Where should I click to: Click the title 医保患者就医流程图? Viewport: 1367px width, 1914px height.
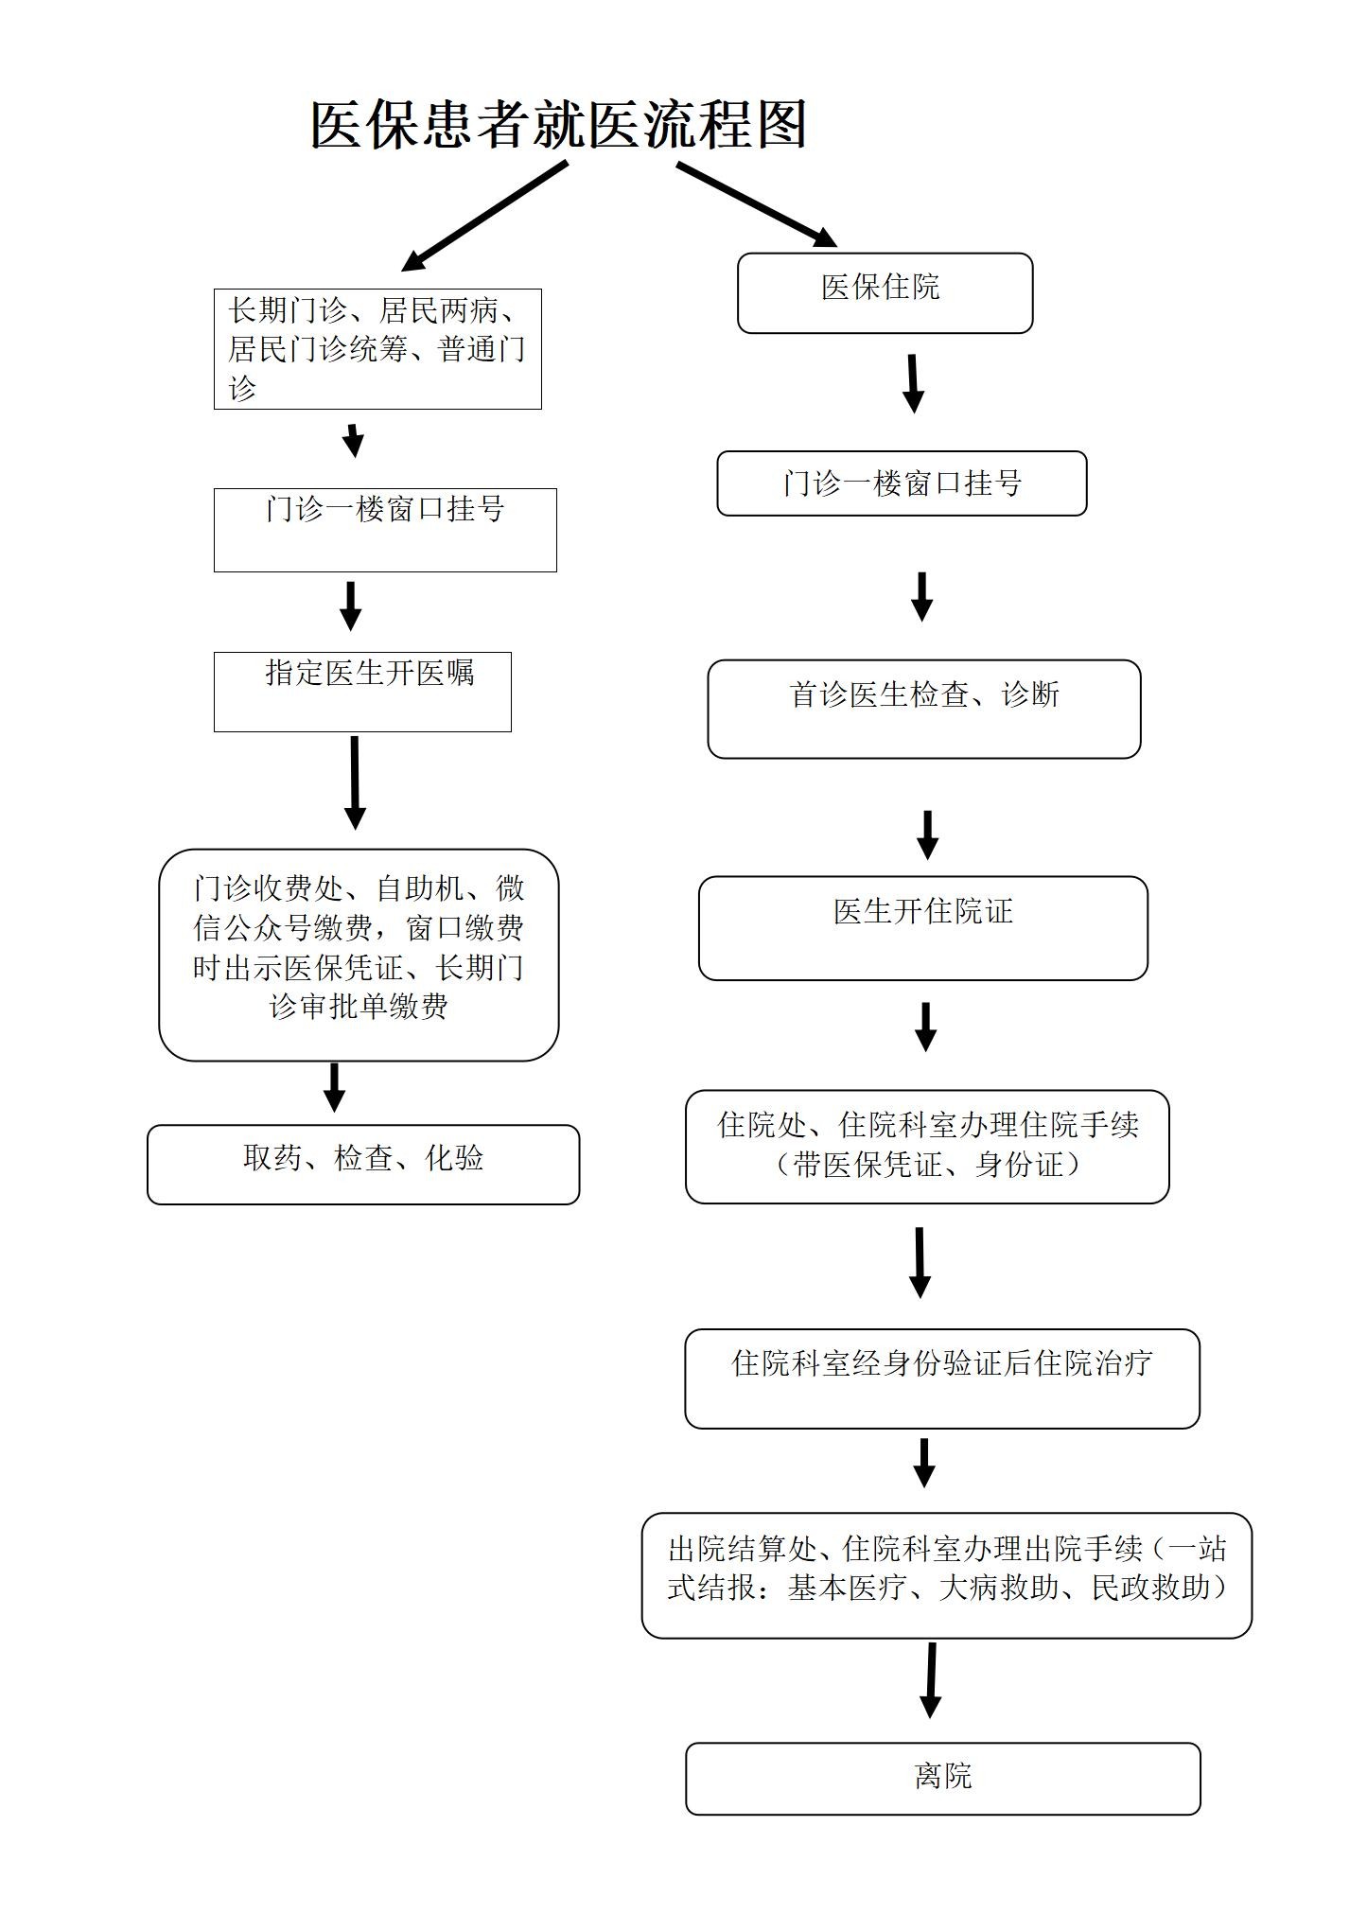(558, 125)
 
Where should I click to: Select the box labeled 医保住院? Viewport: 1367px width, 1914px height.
(884, 292)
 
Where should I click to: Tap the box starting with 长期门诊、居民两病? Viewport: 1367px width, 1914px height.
(377, 349)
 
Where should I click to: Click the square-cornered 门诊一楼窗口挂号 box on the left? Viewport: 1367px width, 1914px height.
(385, 530)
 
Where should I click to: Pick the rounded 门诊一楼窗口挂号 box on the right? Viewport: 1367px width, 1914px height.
(901, 483)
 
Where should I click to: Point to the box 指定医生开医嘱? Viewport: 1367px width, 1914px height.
(362, 691)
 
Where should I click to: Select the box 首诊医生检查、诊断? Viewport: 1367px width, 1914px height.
(923, 709)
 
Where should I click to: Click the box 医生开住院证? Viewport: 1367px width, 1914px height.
(922, 927)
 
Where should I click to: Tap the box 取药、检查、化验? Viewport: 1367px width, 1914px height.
(362, 1164)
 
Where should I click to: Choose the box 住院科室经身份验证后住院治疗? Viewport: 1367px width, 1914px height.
(941, 1378)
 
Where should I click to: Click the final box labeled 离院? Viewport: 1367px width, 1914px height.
(942, 1778)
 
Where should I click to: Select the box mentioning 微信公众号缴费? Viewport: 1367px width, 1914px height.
(359, 954)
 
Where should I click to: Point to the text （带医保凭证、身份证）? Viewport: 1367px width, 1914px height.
(927, 1165)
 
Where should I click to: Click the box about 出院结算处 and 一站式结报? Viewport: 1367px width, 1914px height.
(946, 1574)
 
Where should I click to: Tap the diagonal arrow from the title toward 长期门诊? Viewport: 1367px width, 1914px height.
(485, 216)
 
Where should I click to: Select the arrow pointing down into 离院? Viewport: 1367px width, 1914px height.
(931, 1681)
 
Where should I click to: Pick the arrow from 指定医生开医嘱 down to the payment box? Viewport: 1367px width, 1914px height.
(355, 781)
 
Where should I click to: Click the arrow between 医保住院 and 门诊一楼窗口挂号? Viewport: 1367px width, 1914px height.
(912, 383)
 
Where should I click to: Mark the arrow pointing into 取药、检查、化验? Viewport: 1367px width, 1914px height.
(334, 1087)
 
